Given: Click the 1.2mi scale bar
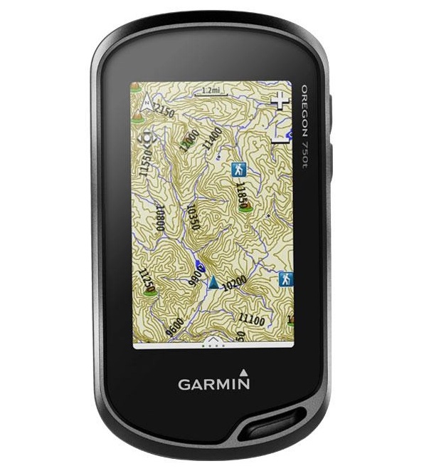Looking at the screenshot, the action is (211, 90).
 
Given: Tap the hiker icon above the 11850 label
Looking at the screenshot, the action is (238, 169).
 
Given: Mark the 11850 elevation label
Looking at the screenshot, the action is (241, 195).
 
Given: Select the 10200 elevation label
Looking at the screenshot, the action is (234, 284).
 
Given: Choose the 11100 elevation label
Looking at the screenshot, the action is (252, 320).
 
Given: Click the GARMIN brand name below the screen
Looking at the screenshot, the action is (213, 384).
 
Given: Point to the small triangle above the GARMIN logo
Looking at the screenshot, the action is (243, 371).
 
